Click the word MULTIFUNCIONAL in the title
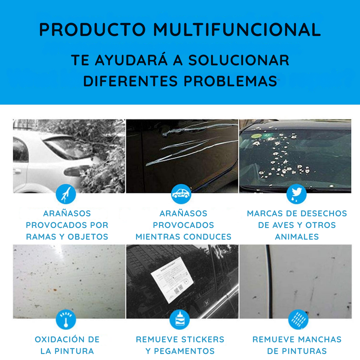pyautogui.click(x=237, y=30)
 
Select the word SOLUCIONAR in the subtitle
pyautogui.click(x=239, y=60)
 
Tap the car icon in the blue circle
pyautogui.click(x=181, y=194)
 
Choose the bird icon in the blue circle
pyautogui.click(x=296, y=194)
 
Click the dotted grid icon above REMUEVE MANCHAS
pyautogui.click(x=298, y=319)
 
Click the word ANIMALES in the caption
pyautogui.click(x=297, y=237)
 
